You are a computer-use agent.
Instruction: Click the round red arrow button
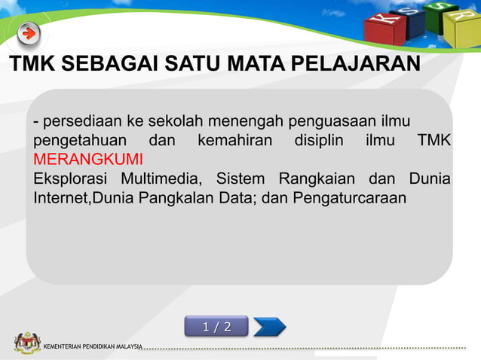29,34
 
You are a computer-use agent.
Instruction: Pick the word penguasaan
343,123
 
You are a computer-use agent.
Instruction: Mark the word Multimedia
159,179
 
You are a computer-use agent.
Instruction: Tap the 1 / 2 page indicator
216,326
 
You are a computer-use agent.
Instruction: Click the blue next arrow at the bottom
269,326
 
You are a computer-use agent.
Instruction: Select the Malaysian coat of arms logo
27,343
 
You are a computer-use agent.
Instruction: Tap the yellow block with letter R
461,27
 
